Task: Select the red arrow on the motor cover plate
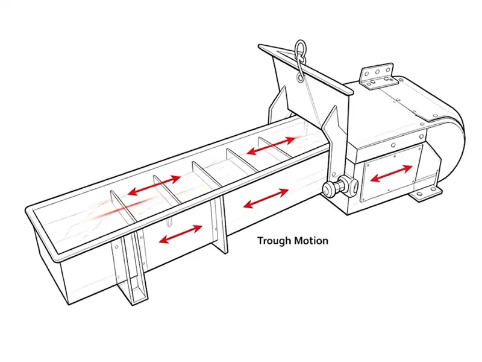pyautogui.click(x=391, y=173)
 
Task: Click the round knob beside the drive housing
pyautogui.click(x=329, y=188)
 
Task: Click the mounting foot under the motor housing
pyautogui.click(x=425, y=194)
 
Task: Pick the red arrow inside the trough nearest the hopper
pyautogui.click(x=271, y=145)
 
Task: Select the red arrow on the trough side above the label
pyautogui.click(x=266, y=198)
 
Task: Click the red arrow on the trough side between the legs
pyautogui.click(x=180, y=234)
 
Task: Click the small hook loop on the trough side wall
pyautogui.click(x=169, y=222)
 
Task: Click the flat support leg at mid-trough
pyautogui.click(x=219, y=224)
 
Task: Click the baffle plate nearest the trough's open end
pyautogui.click(x=122, y=206)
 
